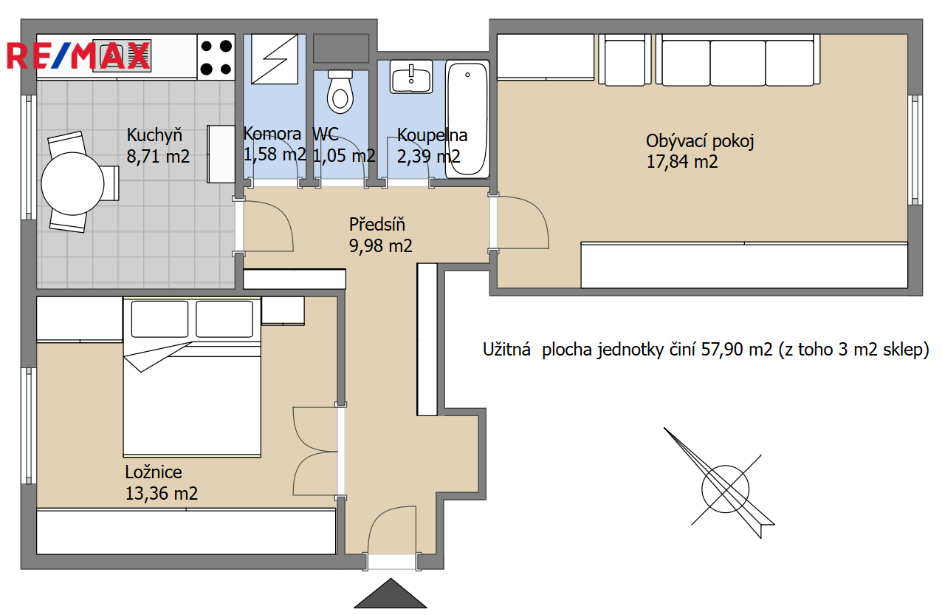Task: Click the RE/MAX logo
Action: pos(78,55)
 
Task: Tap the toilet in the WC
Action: pos(340,92)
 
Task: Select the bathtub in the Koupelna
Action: pos(467,119)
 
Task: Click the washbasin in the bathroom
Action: pos(411,77)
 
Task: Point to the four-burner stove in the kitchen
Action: pos(216,57)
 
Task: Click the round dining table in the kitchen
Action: pos(72,183)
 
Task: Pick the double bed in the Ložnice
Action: pos(192,377)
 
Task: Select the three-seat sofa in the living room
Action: pos(738,60)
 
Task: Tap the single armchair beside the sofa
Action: pos(625,60)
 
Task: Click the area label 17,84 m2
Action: pos(682,162)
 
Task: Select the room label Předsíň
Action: pos(377,225)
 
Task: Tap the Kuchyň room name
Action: pos(154,135)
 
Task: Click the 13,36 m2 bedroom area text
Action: pos(162,493)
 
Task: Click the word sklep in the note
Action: pos(901,350)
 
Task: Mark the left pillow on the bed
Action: pos(159,319)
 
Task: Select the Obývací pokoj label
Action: pos(700,141)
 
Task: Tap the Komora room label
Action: pos(272,134)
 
